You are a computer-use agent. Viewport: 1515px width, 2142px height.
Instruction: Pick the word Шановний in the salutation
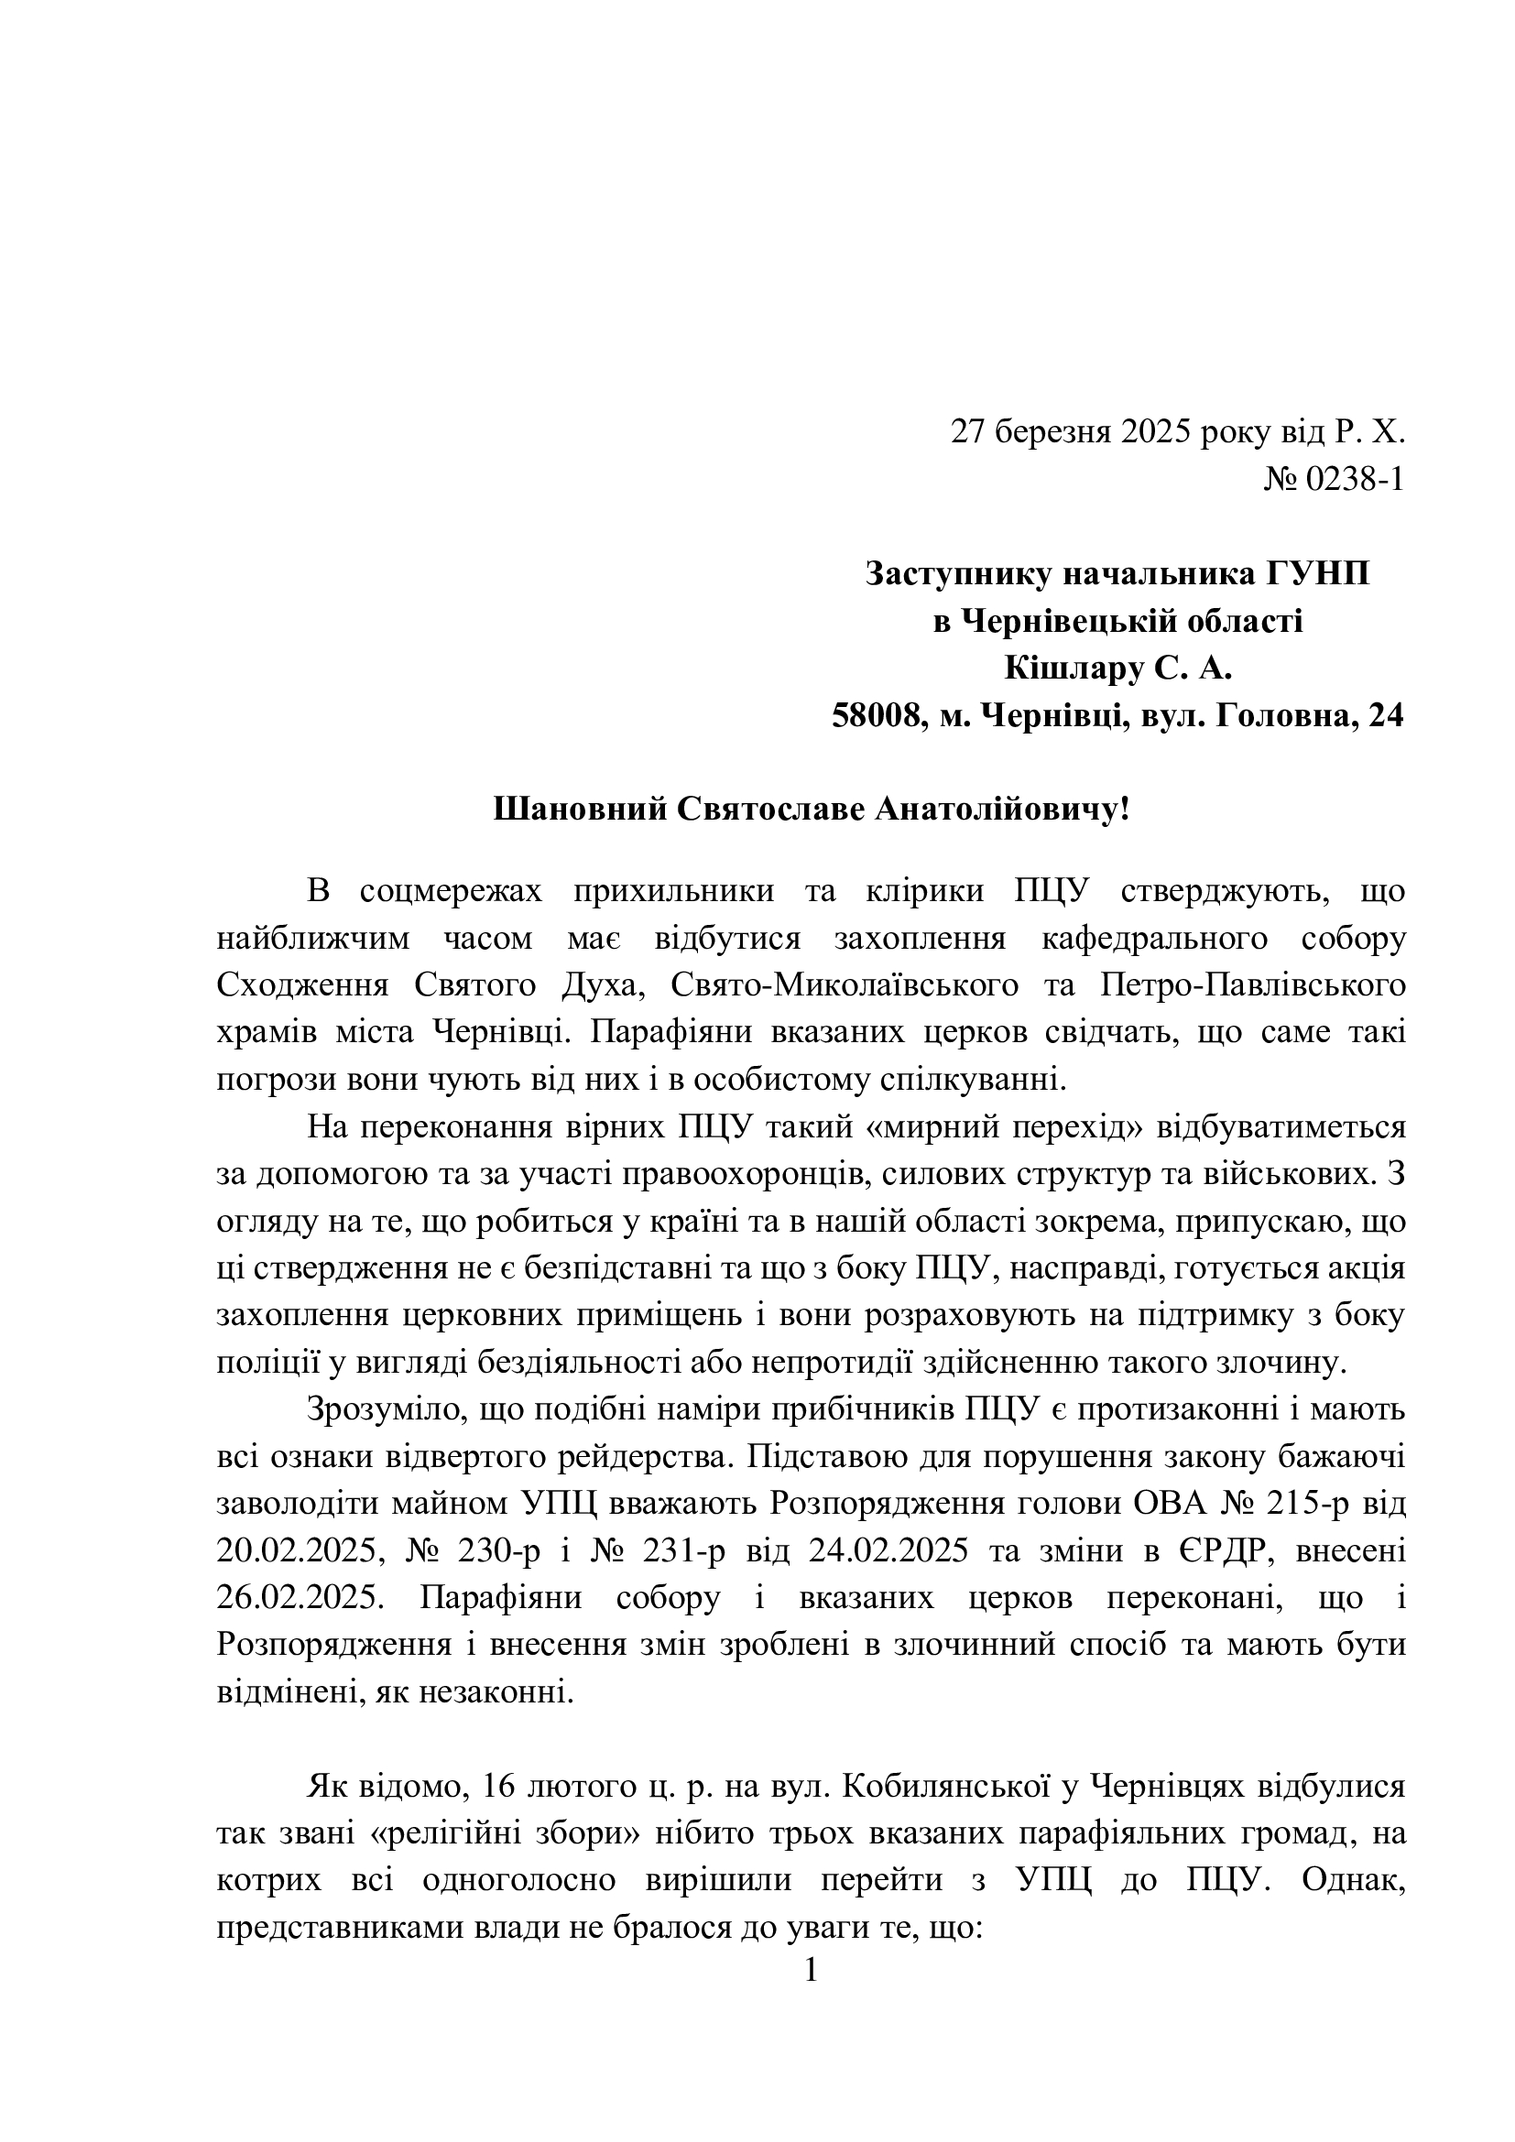[x=574, y=809]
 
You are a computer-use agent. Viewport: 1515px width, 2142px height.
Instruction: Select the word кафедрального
[x=1154, y=939]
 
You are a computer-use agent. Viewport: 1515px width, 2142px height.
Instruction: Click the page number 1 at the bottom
[x=811, y=1972]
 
